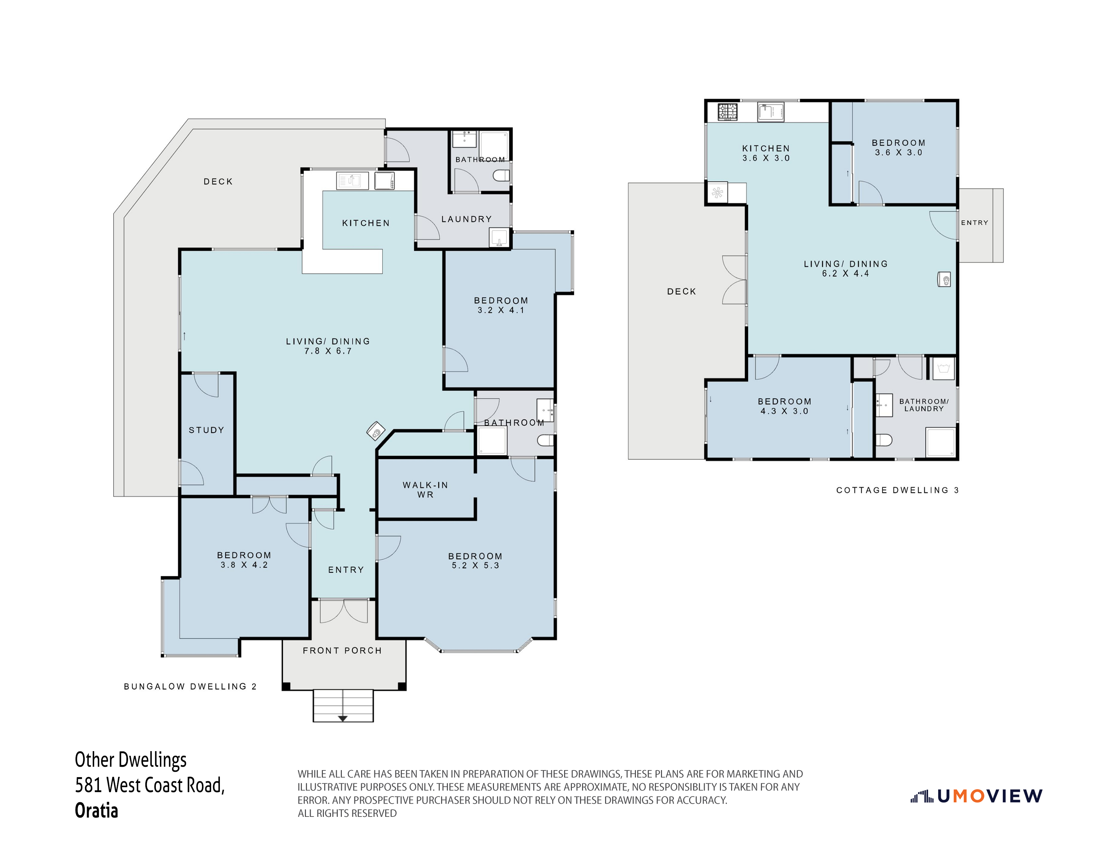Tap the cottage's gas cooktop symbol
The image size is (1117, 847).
(728, 111)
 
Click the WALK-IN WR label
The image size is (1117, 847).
(425, 490)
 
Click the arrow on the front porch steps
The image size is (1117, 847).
(343, 718)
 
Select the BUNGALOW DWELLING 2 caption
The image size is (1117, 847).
(190, 686)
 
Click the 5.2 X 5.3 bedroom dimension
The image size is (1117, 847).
(475, 566)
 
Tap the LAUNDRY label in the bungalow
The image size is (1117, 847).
(466, 219)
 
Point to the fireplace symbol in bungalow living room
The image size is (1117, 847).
(376, 431)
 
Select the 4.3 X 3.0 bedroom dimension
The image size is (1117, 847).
(784, 411)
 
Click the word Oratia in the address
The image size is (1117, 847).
(97, 811)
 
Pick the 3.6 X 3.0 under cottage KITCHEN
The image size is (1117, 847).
(766, 158)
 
